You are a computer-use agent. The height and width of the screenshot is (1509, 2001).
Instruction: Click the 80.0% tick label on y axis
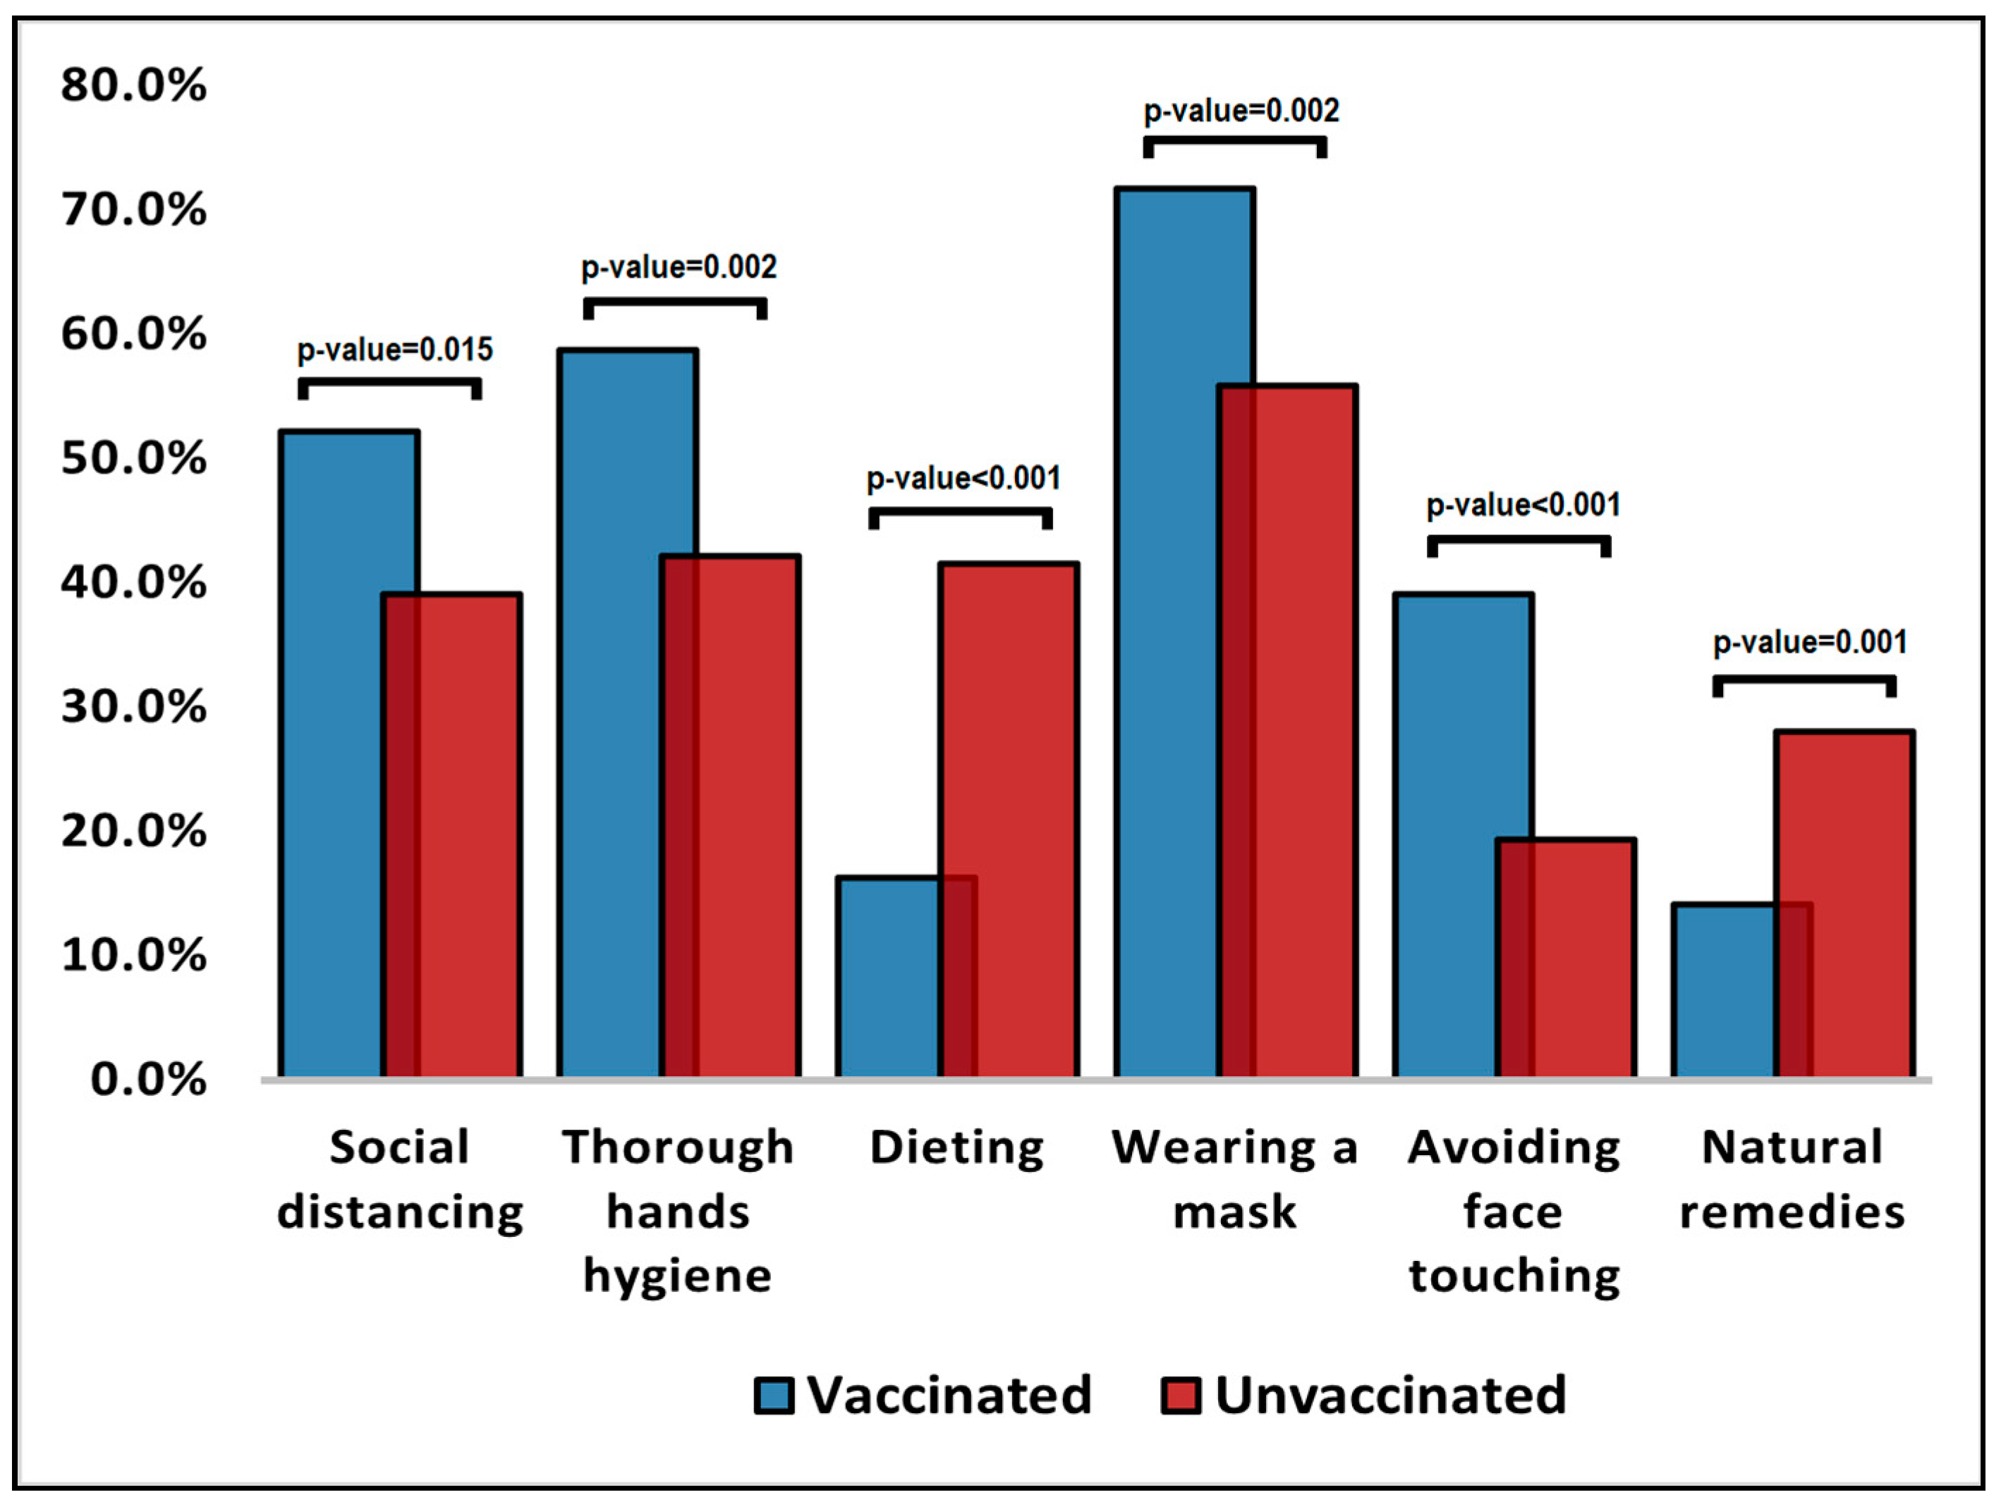click(134, 86)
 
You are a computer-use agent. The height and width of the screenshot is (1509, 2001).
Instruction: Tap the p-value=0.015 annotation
click(395, 350)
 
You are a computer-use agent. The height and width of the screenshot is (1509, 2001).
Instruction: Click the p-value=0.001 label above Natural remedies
click(1810, 643)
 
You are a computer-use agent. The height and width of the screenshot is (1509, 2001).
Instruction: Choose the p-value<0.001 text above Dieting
click(963, 479)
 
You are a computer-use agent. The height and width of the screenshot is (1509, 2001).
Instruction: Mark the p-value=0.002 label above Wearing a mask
click(1241, 111)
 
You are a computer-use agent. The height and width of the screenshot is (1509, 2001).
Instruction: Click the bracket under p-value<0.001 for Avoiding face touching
click(1519, 541)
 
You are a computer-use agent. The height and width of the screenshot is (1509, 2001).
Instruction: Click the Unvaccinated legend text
click(1390, 1395)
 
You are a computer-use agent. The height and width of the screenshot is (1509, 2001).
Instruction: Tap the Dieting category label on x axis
click(957, 1148)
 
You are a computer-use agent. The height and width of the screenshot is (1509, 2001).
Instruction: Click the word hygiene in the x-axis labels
click(678, 1276)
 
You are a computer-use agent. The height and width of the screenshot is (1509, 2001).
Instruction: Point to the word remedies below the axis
click(1792, 1212)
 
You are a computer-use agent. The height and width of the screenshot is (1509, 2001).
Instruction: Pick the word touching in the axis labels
click(1514, 1276)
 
